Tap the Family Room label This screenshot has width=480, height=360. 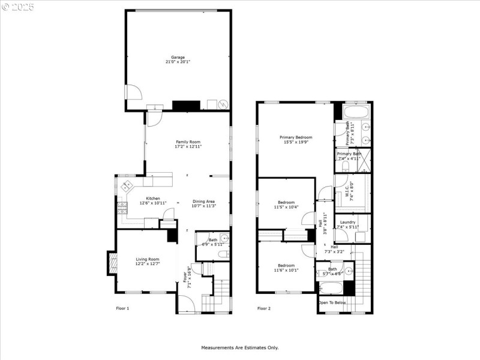(187, 142)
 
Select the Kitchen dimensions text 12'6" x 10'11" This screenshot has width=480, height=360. (152, 203)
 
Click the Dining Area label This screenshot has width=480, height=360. (203, 201)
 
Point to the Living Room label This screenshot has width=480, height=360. (147, 259)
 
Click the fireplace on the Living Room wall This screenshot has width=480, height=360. (112, 262)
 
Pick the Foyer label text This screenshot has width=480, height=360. (185, 277)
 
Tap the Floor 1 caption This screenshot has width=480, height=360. (122, 308)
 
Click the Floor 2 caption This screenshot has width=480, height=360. (264, 308)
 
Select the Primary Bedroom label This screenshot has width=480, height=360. (296, 137)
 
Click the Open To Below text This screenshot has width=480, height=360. (332, 302)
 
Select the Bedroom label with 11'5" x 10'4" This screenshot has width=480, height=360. (286, 202)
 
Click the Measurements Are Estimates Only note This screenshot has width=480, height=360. (239, 347)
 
